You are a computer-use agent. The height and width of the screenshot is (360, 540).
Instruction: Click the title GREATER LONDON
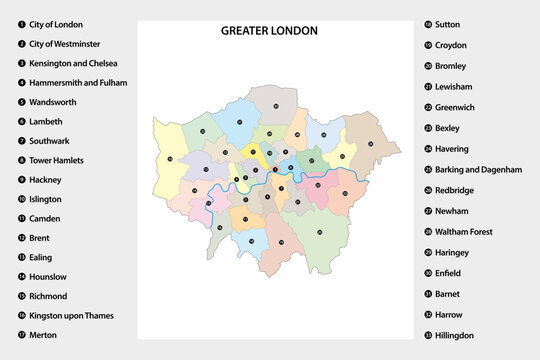click(269, 31)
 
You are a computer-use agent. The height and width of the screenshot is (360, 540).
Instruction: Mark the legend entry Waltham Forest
click(463, 232)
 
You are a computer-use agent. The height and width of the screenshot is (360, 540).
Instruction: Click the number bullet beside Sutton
click(427, 24)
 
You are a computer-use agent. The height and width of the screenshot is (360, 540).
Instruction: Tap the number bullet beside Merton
click(21, 335)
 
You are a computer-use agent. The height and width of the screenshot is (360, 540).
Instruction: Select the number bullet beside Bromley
click(427, 66)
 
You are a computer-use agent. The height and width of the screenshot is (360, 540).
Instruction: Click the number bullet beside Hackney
click(21, 180)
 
